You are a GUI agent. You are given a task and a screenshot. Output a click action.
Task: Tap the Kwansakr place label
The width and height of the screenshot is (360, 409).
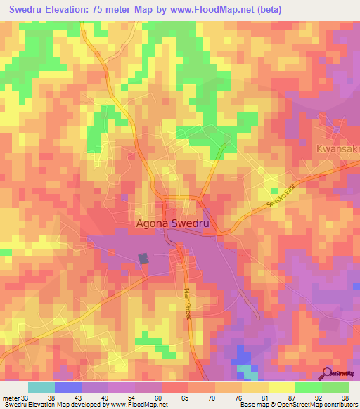337,150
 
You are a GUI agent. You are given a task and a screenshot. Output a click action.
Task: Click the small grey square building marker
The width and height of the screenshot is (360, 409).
143,259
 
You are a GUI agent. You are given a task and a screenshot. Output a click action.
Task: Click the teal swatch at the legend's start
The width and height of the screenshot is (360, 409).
41,387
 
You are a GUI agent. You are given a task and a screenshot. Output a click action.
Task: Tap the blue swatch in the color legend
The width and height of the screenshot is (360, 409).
68,387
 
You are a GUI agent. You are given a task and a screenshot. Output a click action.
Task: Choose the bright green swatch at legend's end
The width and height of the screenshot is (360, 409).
335,387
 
